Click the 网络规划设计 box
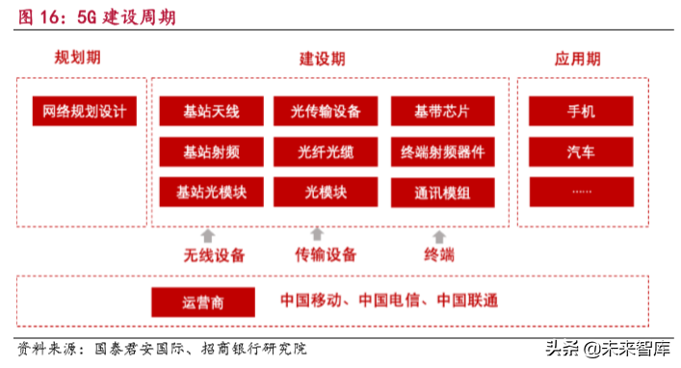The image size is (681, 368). pyautogui.click(x=84, y=111)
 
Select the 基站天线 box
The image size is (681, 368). pyautogui.click(x=211, y=111)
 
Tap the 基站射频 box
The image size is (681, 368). pyautogui.click(x=211, y=151)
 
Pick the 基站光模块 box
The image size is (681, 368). pyautogui.click(x=211, y=192)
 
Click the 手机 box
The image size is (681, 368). pyautogui.click(x=582, y=111)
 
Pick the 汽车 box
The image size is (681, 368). pyautogui.click(x=582, y=151)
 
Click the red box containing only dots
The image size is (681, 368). pyautogui.click(x=582, y=192)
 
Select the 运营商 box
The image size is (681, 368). pyautogui.click(x=202, y=302)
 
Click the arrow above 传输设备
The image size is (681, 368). pyautogui.click(x=317, y=234)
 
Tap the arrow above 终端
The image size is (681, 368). pyautogui.click(x=439, y=235)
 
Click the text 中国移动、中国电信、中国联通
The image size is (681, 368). pyautogui.click(x=389, y=301)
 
